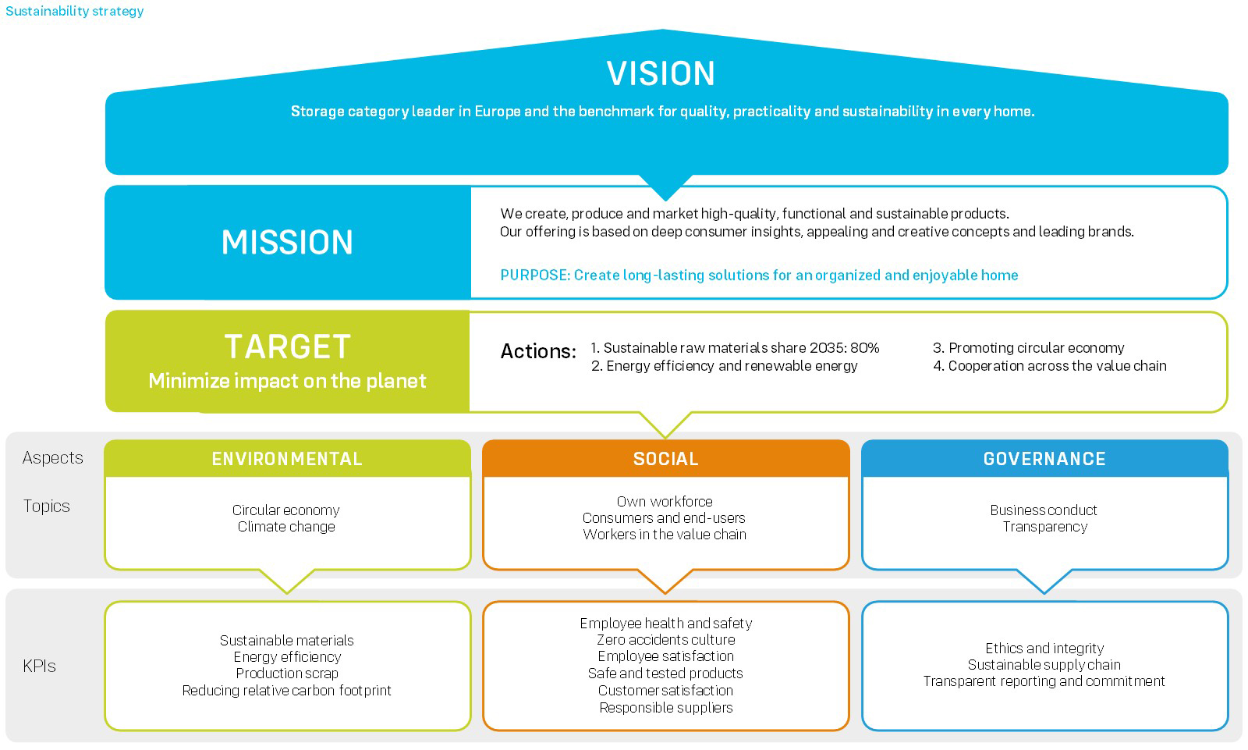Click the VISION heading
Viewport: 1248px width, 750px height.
[x=661, y=74]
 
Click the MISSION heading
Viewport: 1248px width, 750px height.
[x=287, y=243]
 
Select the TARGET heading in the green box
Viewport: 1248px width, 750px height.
[x=287, y=347]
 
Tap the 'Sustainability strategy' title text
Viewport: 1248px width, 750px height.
[x=75, y=11]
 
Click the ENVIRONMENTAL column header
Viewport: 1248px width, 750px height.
[x=287, y=459]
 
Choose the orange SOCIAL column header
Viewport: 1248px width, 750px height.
[x=665, y=459]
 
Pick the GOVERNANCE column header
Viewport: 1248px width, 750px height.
[x=1044, y=459]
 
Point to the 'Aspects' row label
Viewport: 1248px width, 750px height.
[x=52, y=458]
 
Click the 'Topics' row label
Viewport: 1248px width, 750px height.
[x=47, y=507]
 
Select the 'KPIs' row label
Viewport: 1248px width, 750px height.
[x=39, y=666]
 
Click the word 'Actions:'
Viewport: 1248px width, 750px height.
[x=538, y=352]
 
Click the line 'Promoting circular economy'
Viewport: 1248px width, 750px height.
[x=1036, y=348]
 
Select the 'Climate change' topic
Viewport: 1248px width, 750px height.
[x=286, y=527]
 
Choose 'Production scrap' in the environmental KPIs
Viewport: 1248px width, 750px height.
[x=287, y=674]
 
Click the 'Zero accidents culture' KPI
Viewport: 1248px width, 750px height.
[x=665, y=640]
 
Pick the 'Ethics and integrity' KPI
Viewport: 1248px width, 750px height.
[x=1044, y=649]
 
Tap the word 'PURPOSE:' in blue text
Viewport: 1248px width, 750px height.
[x=535, y=275]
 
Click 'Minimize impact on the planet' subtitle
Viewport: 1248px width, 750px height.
[x=287, y=381]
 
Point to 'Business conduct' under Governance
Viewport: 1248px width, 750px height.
[x=1044, y=510]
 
